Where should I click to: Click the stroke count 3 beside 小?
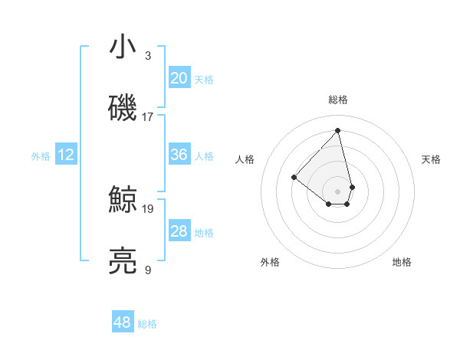coord(148,56)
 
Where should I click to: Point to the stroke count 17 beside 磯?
coord(148,116)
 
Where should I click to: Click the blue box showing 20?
coord(179,78)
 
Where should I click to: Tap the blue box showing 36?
coord(179,155)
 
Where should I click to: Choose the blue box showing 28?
coord(179,231)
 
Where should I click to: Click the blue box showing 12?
coord(66,155)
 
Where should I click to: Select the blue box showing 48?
coord(123,322)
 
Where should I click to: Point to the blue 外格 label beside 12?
coord(41,156)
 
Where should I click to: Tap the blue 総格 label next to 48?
coord(147,324)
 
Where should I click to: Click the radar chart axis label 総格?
coord(337,100)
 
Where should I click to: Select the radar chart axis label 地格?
coord(402,262)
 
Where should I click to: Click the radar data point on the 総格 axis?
coord(337,130)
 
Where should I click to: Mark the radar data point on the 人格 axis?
coord(294,177)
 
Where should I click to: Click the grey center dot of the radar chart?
coord(337,191)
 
